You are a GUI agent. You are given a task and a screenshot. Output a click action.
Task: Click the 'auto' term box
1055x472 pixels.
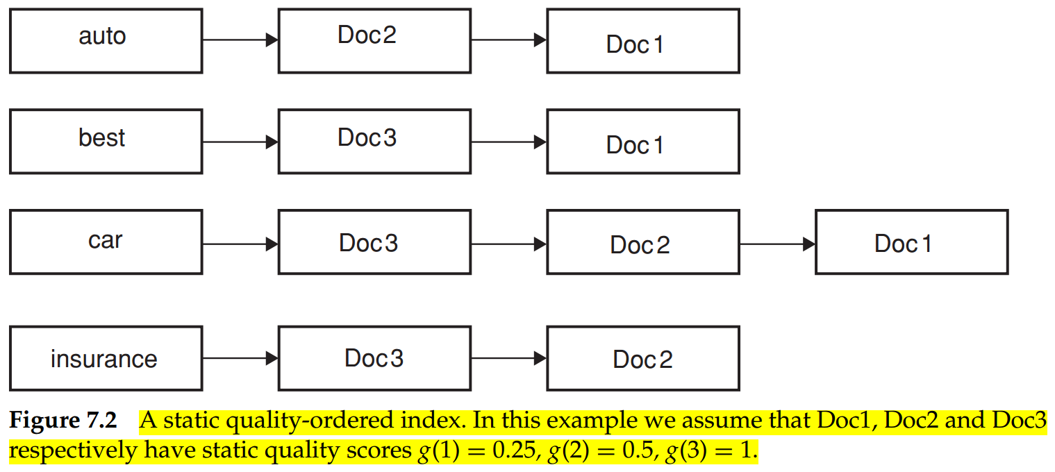pos(106,40)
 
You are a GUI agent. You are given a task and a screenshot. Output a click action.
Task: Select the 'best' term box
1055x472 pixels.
pos(106,142)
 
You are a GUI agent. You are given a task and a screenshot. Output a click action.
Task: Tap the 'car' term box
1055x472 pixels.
pos(106,242)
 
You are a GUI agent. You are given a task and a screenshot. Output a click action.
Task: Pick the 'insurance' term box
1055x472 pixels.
pos(106,358)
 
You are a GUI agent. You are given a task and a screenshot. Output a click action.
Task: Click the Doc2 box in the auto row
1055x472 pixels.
pos(374,40)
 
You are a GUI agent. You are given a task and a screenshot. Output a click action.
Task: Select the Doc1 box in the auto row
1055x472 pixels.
pos(642,40)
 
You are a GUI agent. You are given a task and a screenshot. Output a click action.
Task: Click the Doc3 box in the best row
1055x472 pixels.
pos(374,142)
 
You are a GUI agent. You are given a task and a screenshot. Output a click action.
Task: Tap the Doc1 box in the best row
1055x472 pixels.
pos(642,142)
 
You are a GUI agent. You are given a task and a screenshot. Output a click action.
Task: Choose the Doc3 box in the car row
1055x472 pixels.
pos(374,242)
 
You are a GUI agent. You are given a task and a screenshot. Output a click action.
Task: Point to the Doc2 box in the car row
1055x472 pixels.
pos(642,242)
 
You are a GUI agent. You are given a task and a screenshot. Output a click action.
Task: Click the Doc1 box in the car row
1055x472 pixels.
pos(911,242)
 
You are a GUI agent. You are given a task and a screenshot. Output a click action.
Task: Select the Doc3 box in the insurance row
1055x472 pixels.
pos(374,358)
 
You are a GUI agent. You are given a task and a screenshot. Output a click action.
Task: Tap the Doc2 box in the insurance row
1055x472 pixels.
pos(642,358)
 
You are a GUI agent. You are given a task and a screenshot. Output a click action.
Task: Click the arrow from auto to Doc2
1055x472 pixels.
pos(240,40)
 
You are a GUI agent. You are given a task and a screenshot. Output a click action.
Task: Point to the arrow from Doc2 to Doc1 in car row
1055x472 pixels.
pos(777,244)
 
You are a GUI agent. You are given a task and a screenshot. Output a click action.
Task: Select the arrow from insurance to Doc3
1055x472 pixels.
pos(240,358)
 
